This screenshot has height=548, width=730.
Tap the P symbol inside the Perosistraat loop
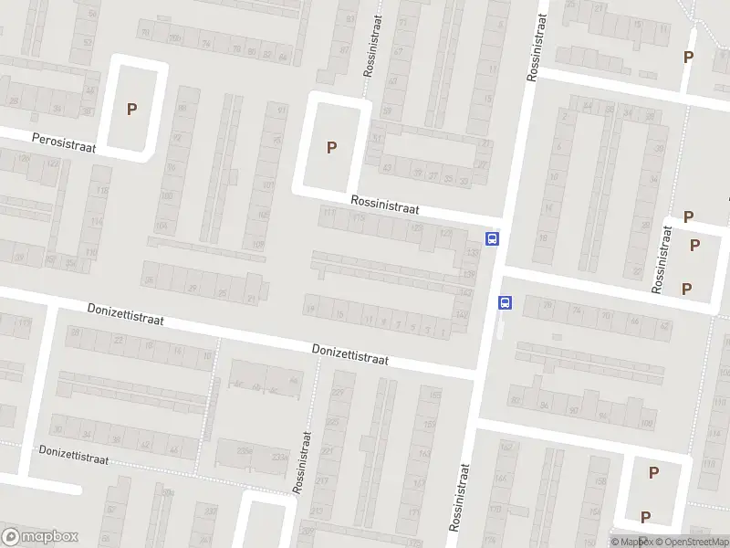click(132, 109)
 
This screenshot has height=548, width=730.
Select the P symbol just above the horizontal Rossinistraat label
click(332, 147)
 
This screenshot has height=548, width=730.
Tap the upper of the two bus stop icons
click(493, 239)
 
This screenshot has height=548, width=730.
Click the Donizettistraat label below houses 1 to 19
click(350, 354)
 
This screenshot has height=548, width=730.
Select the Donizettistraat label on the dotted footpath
click(73, 454)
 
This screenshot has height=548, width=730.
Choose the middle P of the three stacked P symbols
click(695, 245)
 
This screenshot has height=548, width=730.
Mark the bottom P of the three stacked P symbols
click(686, 289)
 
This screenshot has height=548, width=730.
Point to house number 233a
click(277, 458)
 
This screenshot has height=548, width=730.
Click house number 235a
click(245, 450)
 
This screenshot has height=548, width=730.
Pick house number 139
click(470, 274)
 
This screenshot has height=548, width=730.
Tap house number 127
click(446, 234)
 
